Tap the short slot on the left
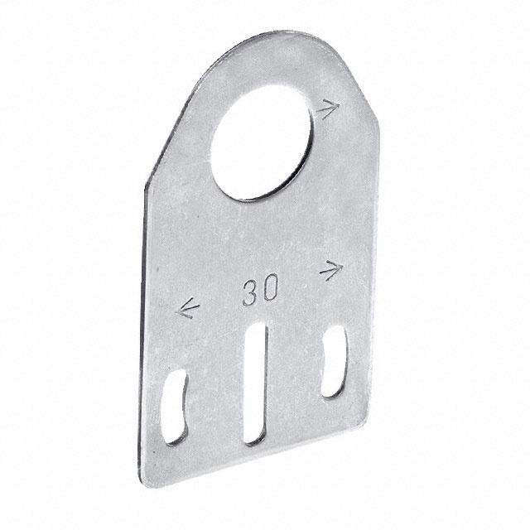point(176,408)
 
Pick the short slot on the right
point(334,363)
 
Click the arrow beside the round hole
point(329,108)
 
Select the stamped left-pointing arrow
point(190,311)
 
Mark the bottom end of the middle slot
point(253,441)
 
